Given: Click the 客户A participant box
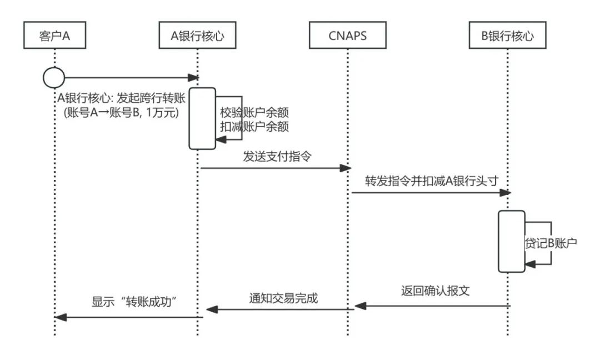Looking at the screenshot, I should tap(54, 36).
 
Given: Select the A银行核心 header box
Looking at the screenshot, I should tap(197, 36).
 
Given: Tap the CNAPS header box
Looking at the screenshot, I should tap(347, 36).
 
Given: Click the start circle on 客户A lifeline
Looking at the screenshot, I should tap(54, 78).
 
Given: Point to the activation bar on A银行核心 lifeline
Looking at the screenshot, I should tap(202, 118).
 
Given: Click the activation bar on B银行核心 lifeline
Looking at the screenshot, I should tap(511, 241).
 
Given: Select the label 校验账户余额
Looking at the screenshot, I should tap(254, 112).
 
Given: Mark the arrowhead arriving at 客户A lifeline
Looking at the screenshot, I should tap(61, 317).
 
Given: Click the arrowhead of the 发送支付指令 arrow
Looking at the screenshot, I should tap(345, 168).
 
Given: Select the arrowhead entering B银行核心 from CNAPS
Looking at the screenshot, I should tap(505, 192).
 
